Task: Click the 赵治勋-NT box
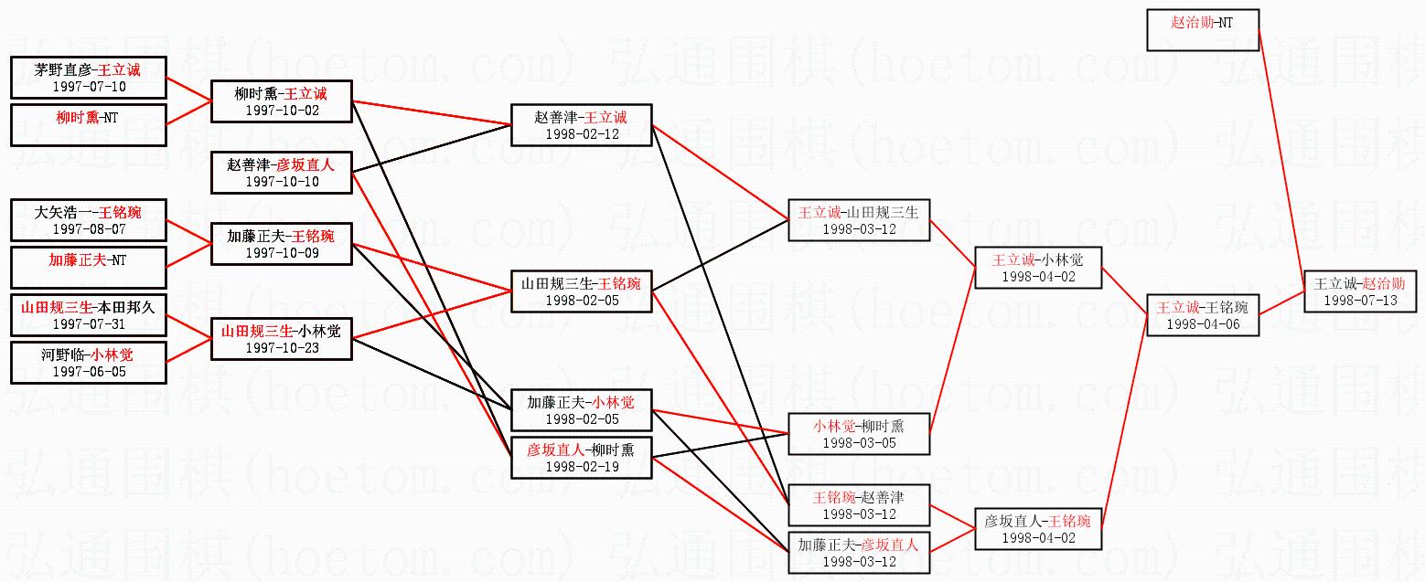(1203, 30)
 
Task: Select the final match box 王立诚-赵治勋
(1360, 291)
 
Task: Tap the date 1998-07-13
(1360, 301)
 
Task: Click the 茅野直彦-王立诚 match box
(88, 78)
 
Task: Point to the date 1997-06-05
(89, 372)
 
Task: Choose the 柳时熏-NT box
(88, 125)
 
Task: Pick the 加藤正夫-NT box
(88, 268)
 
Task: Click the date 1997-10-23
(282, 348)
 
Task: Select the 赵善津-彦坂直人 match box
(282, 173)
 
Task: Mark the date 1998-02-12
(582, 134)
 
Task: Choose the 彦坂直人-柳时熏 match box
(582, 457)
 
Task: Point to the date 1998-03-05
(859, 443)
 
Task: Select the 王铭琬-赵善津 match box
(859, 505)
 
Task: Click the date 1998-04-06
(1203, 324)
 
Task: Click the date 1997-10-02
(282, 111)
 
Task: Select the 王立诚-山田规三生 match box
(859, 220)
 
